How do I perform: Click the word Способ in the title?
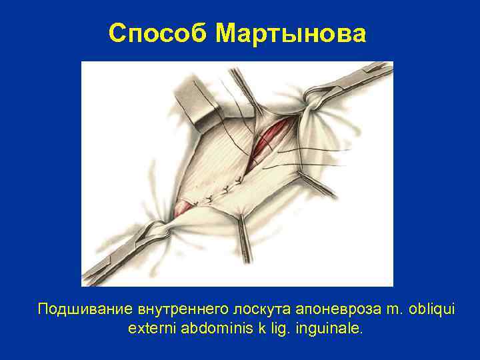coord(158,33)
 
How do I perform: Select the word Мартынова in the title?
coord(291,33)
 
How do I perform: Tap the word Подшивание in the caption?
coord(85,309)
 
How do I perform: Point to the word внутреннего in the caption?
coord(180,309)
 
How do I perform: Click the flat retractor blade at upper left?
coord(194,103)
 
